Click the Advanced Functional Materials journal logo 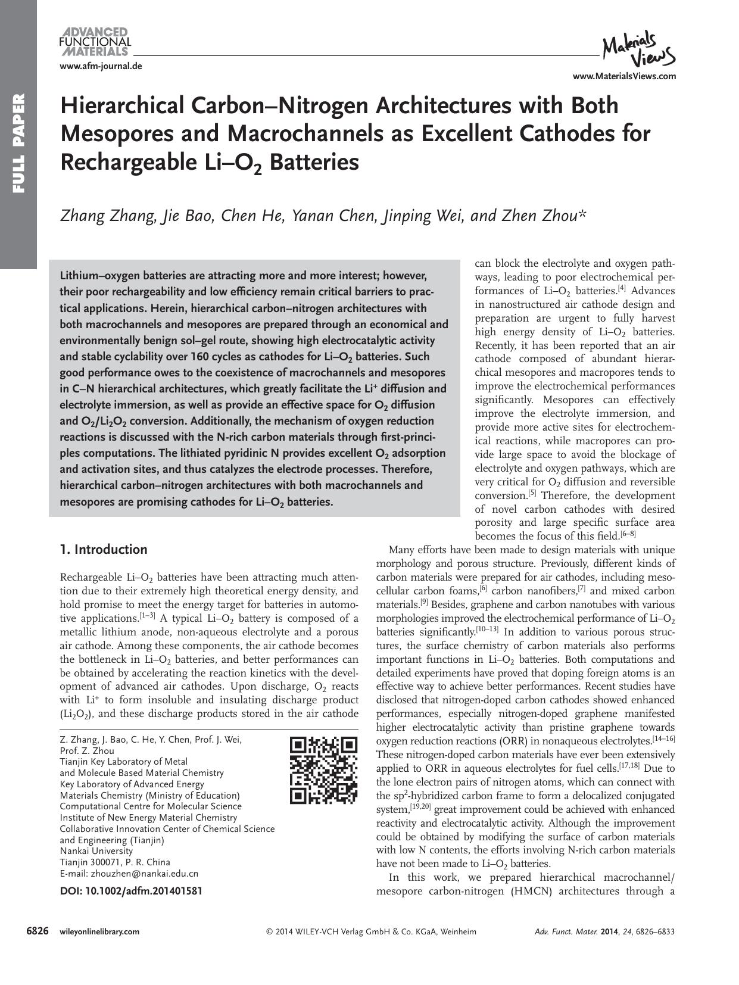(95, 41)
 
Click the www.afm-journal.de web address (101, 66)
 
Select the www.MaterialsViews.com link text (624, 76)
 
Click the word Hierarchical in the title (121, 106)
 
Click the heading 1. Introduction (104, 549)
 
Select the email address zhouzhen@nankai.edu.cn (144, 874)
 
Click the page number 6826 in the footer (37, 931)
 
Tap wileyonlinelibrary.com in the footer (99, 932)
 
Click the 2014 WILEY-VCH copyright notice (370, 932)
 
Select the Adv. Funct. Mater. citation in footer (604, 932)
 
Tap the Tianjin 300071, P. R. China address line (115, 862)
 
